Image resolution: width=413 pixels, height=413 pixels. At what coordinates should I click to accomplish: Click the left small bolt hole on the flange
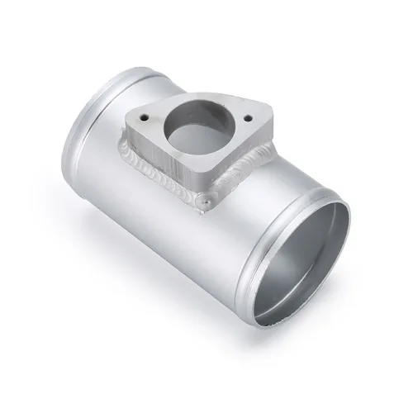(143, 116)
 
